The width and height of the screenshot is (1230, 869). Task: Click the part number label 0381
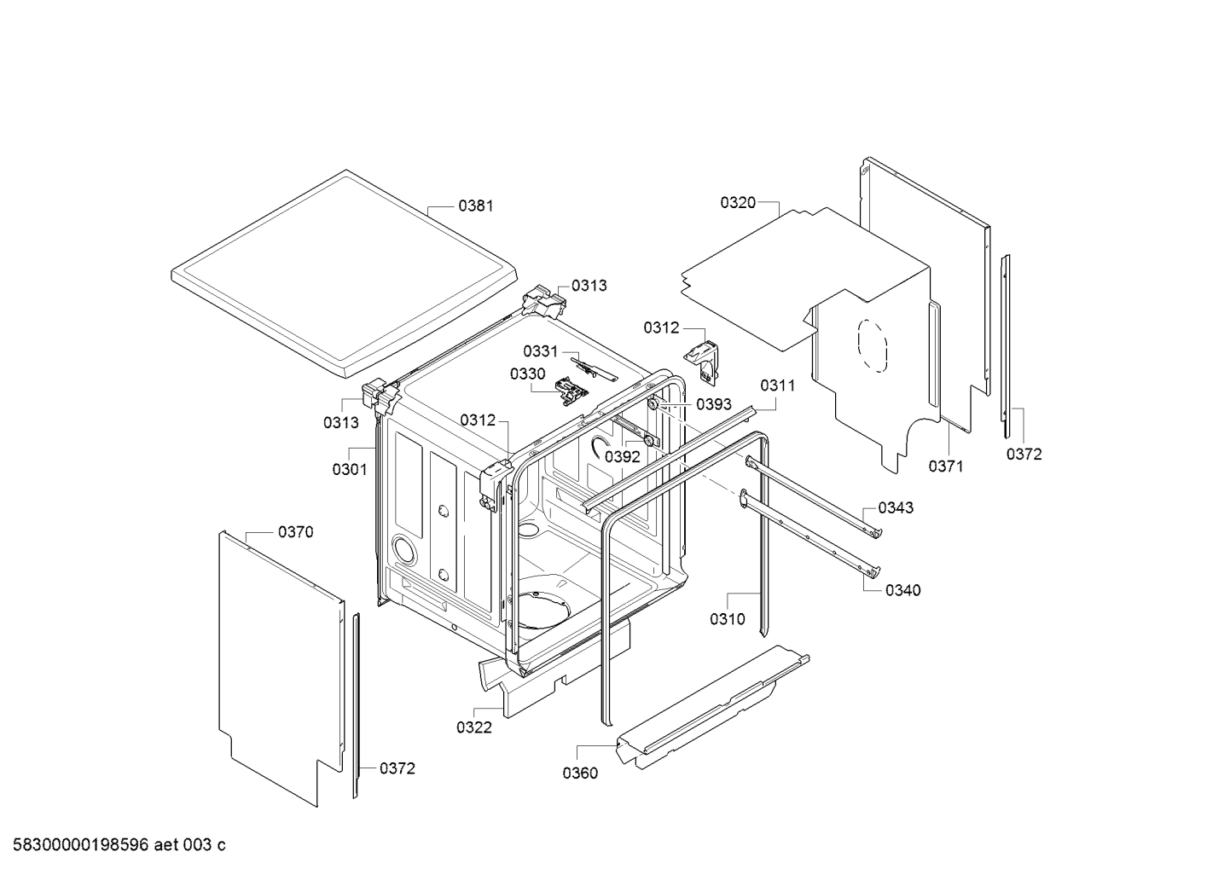pyautogui.click(x=475, y=206)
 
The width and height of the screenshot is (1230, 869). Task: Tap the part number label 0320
pyautogui.click(x=737, y=202)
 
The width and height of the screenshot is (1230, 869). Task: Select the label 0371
pyautogui.click(x=945, y=466)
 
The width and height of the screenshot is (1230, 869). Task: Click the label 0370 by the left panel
pyautogui.click(x=295, y=532)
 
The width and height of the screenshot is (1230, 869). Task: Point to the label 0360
pyautogui.click(x=580, y=773)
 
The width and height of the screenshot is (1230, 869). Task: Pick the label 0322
pyautogui.click(x=473, y=727)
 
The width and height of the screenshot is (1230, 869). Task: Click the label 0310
pyautogui.click(x=727, y=619)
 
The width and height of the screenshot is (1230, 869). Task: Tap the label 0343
pyautogui.click(x=895, y=507)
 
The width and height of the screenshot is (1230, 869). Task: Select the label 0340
pyautogui.click(x=902, y=590)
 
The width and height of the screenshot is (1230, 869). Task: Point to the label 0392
pyautogui.click(x=622, y=456)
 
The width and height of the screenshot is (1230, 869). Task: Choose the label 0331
pyautogui.click(x=540, y=351)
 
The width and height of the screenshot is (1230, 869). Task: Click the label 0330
pyautogui.click(x=527, y=374)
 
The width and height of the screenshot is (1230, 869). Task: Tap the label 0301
pyautogui.click(x=350, y=469)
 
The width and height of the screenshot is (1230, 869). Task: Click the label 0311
pyautogui.click(x=777, y=385)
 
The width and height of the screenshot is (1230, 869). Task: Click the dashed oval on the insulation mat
pyautogui.click(x=872, y=346)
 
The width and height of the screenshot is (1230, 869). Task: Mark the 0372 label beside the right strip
pyautogui.click(x=1024, y=455)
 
